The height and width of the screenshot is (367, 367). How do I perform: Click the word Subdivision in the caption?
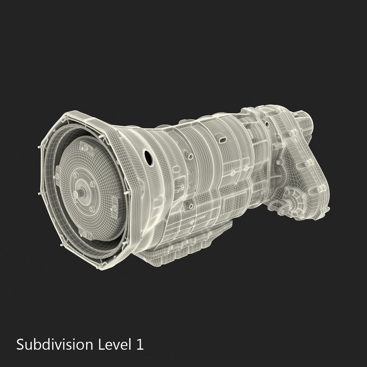pos(54,345)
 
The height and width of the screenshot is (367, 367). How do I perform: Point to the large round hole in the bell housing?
pos(148,157)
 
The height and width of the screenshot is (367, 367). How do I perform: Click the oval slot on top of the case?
pos(223,140)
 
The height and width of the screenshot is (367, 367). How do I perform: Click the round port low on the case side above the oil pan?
pos(191,206)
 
